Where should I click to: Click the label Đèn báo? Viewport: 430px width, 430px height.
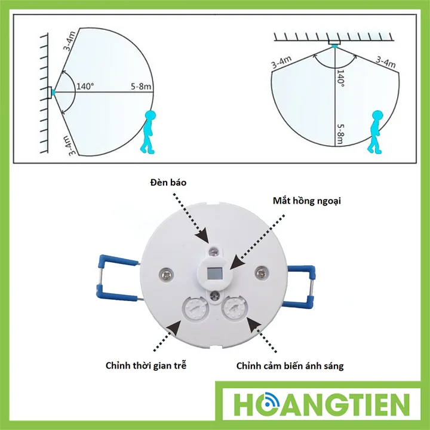click(x=168, y=182)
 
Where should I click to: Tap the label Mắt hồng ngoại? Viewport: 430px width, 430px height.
click(x=306, y=201)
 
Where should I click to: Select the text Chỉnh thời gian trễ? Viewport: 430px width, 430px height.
click(x=146, y=365)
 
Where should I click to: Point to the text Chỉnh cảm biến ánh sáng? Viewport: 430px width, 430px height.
click(x=290, y=366)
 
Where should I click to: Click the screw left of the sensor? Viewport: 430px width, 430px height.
click(x=166, y=274)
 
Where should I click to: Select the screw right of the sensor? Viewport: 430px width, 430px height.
click(x=260, y=272)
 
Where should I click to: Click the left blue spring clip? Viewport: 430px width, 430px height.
click(x=118, y=278)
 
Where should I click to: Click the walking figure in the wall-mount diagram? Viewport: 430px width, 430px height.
click(x=148, y=131)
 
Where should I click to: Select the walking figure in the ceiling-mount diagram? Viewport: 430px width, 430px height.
click(x=376, y=131)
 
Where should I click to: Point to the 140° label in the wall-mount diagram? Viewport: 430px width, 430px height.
click(x=85, y=87)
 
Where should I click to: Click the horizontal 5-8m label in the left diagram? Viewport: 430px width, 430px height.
click(x=141, y=87)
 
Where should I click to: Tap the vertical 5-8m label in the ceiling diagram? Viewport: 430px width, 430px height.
click(x=340, y=134)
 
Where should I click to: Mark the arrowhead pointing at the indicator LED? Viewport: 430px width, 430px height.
click(x=202, y=236)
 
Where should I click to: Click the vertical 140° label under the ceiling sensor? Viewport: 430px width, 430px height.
click(x=340, y=78)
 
